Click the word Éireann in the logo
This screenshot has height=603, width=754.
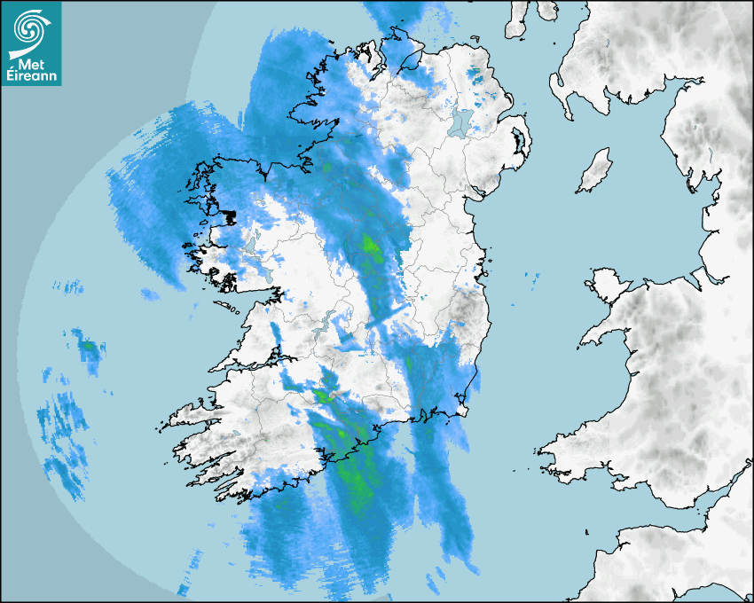tap(31, 77)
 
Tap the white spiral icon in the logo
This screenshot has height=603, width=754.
tap(30, 30)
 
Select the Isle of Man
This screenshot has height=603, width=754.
tap(594, 171)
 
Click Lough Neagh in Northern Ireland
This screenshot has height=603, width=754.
tap(462, 123)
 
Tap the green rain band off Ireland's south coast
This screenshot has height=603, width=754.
tap(355, 470)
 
